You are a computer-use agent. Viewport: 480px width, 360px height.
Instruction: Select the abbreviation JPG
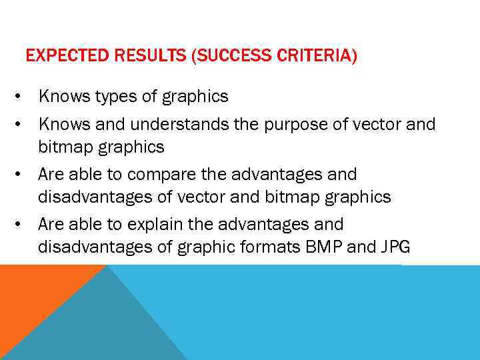click(x=395, y=247)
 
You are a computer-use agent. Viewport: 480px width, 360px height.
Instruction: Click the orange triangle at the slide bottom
click(x=33, y=293)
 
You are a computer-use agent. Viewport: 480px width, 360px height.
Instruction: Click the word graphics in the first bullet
click(x=197, y=97)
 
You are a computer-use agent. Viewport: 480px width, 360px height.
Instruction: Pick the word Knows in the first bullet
click(x=59, y=97)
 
